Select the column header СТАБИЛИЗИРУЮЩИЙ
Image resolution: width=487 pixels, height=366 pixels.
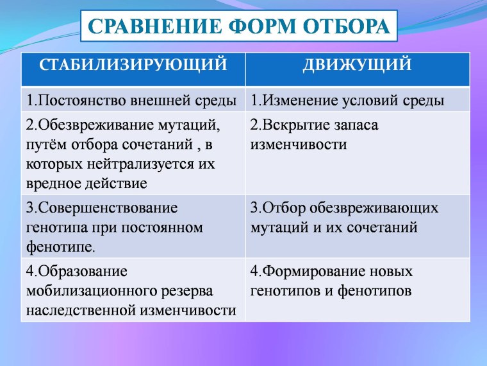[133, 65]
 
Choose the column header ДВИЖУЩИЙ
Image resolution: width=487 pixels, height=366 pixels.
[357, 65]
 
